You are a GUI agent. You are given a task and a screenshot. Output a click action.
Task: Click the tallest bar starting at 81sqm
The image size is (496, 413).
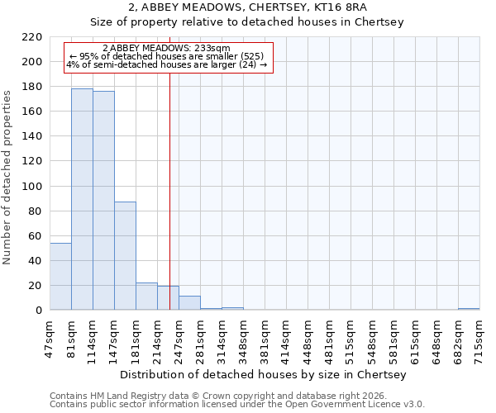pyautogui.click(x=82, y=199)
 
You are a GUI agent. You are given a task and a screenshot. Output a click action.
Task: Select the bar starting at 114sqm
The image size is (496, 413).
pyautogui.click(x=103, y=201)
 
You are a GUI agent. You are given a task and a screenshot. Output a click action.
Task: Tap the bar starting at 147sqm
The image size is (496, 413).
pyautogui.click(x=125, y=256)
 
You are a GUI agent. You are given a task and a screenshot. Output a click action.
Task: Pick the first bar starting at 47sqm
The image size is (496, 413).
pyautogui.click(x=60, y=277)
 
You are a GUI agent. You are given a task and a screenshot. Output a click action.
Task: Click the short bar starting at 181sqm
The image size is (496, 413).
pyautogui.click(x=146, y=297)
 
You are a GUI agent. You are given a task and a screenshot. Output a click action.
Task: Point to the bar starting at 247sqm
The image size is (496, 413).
pyautogui.click(x=189, y=303)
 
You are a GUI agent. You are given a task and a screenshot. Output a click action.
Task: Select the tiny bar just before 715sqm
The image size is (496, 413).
pyautogui.click(x=469, y=309)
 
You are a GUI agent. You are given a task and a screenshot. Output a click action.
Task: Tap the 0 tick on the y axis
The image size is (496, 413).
pyautogui.click(x=38, y=311)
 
